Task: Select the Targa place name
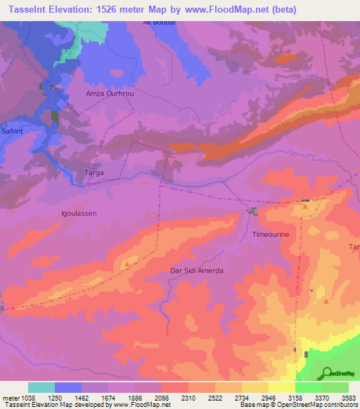tap(94, 172)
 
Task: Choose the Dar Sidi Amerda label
tap(197, 271)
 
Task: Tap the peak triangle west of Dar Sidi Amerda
tap(127, 264)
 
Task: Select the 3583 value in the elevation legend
tap(349, 398)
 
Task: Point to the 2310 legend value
tap(188, 398)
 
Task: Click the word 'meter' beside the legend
tap(9, 398)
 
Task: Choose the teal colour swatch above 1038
tap(41, 387)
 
